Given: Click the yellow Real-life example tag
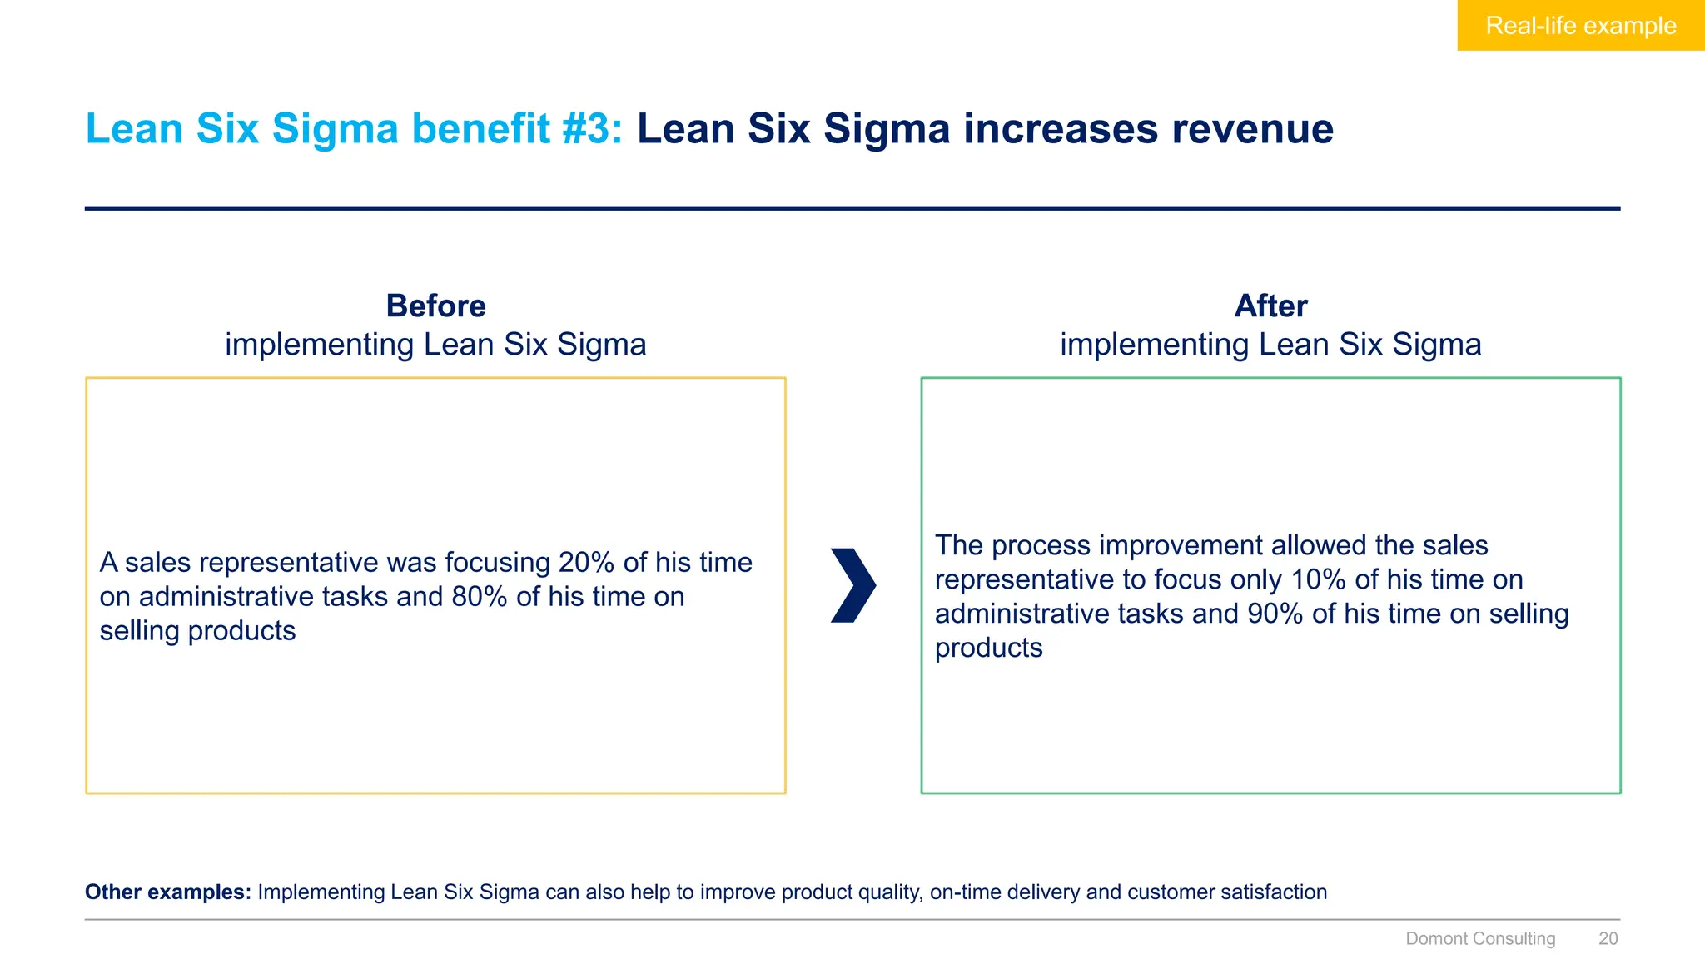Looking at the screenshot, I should (1580, 26).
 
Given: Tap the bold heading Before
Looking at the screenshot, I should (435, 306).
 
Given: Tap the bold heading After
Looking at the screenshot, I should (1270, 306).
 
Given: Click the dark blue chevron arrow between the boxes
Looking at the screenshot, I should (853, 585).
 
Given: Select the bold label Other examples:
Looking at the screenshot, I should (168, 892).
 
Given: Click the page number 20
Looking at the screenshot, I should (1608, 939).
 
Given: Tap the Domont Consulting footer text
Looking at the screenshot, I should (1480, 939).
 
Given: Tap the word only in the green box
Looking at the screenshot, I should (1256, 579).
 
